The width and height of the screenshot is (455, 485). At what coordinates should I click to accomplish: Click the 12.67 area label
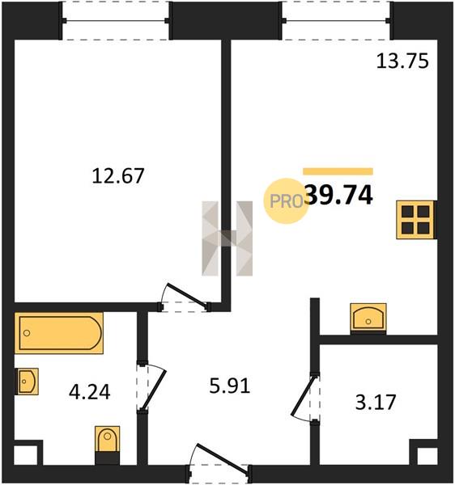click(118, 175)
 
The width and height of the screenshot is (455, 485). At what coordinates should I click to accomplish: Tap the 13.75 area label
click(402, 61)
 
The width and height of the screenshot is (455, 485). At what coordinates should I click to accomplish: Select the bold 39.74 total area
click(339, 195)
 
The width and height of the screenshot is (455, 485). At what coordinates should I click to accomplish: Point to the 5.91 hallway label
click(229, 386)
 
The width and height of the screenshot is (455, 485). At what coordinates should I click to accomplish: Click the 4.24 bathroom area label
click(90, 392)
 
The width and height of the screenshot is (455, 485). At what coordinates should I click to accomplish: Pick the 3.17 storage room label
click(376, 402)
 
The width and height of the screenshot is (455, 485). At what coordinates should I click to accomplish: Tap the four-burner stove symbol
click(416, 220)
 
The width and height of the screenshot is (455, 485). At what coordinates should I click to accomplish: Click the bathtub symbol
click(59, 333)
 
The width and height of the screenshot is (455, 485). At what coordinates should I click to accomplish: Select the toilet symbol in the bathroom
click(107, 445)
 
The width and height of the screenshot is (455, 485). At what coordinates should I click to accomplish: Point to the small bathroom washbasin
click(27, 381)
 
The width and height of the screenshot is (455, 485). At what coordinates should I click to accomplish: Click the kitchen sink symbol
click(368, 318)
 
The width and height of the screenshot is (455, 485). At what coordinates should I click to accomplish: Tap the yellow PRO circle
click(286, 201)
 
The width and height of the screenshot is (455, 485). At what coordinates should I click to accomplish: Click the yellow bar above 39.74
click(338, 171)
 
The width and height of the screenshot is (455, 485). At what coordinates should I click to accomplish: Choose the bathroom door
click(153, 386)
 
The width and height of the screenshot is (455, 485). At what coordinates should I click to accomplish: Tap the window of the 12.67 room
click(116, 21)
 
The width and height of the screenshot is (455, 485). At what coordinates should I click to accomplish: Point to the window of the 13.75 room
click(337, 21)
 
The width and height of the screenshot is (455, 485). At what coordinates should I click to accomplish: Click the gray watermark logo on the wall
click(227, 238)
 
